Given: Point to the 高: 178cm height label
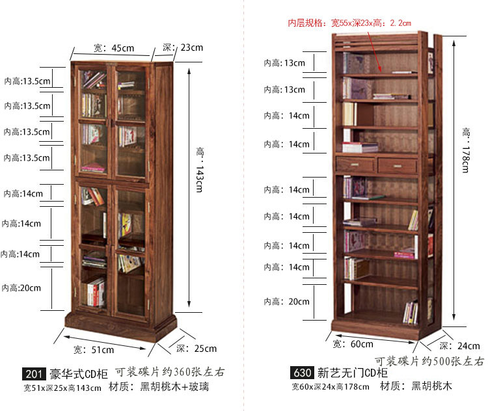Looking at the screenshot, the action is click(465, 150).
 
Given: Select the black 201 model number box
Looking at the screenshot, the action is click(34, 374).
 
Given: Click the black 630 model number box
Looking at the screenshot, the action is click(302, 373).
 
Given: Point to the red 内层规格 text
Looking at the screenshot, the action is click(349, 23).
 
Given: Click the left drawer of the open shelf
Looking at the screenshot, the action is click(355, 165).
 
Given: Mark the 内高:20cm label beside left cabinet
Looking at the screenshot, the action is click(21, 287).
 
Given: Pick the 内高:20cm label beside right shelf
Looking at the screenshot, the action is click(286, 302).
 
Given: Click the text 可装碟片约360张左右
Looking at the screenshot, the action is click(170, 373).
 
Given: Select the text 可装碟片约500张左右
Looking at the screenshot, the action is click(429, 361).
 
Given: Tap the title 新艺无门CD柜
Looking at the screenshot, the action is click(352, 373).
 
